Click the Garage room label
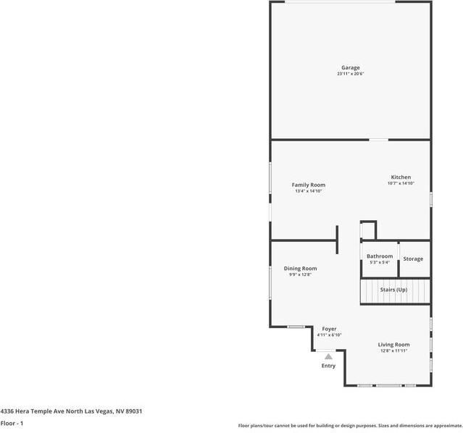pyautogui.click(x=351, y=68)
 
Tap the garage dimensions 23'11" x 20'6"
pyautogui.click(x=351, y=75)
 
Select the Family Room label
pyautogui.click(x=309, y=185)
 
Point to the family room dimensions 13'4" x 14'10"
pyautogui.click(x=309, y=192)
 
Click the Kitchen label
pyautogui.click(x=401, y=177)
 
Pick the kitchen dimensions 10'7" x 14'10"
pyautogui.click(x=401, y=184)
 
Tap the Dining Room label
pyautogui.click(x=300, y=269)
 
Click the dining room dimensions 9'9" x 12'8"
pyautogui.click(x=300, y=275)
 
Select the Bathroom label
pyautogui.click(x=380, y=256)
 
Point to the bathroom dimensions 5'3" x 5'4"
pyautogui.click(x=380, y=263)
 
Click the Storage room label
pyautogui.click(x=413, y=259)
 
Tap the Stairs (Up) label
pyautogui.click(x=394, y=290)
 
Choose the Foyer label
pyautogui.click(x=329, y=329)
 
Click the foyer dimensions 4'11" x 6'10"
pyautogui.click(x=329, y=335)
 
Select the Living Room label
pyautogui.click(x=394, y=345)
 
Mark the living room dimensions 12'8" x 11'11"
pyautogui.click(x=394, y=351)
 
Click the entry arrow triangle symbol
pyautogui.click(x=328, y=356)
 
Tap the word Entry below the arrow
pyautogui.click(x=328, y=366)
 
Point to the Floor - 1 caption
pyautogui.click(x=12, y=423)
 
